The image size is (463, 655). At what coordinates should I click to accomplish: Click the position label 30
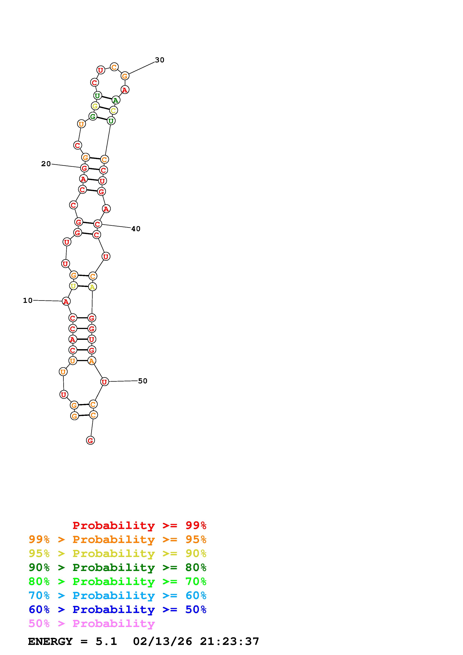(x=160, y=60)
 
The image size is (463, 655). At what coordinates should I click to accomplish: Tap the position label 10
(x=28, y=300)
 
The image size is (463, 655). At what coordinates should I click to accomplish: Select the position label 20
(x=46, y=164)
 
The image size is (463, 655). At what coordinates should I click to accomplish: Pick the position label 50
(x=143, y=381)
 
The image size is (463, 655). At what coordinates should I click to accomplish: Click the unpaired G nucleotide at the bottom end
(x=90, y=440)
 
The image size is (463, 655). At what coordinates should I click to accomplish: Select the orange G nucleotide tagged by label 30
(x=125, y=76)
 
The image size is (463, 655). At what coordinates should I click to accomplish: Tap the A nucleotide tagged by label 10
(x=66, y=301)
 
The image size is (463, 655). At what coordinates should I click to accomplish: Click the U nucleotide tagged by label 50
(x=105, y=381)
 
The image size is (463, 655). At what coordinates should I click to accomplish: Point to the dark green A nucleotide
(x=116, y=100)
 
